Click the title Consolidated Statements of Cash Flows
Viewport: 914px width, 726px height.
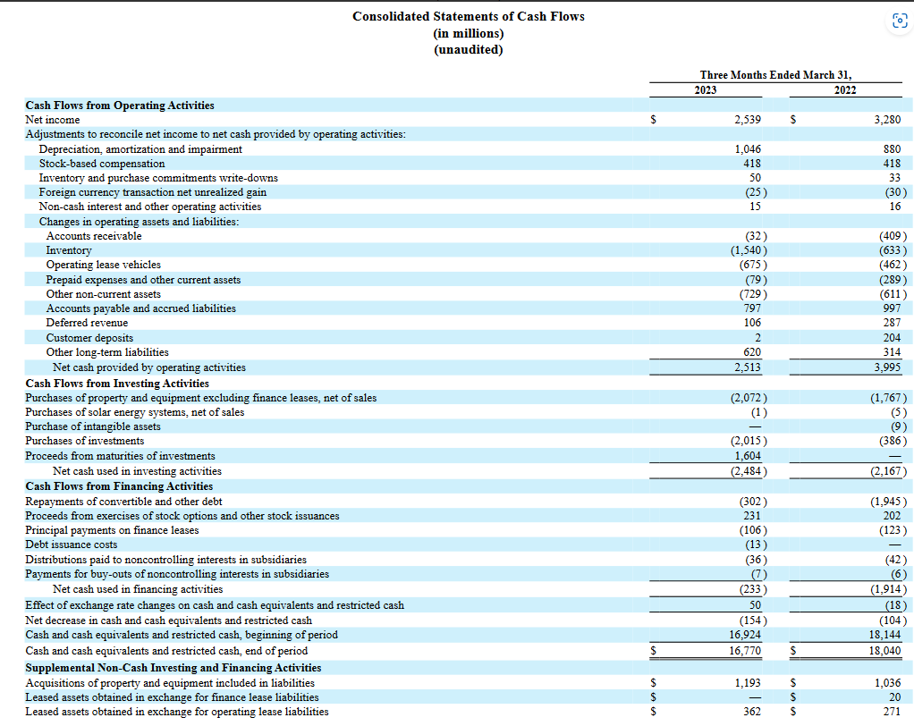point(468,16)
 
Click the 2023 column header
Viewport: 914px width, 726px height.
point(706,90)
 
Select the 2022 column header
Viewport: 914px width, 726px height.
point(844,90)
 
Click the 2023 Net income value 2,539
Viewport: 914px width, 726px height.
point(747,120)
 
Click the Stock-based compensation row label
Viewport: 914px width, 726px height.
point(102,164)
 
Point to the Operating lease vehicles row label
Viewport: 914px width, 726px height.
point(104,265)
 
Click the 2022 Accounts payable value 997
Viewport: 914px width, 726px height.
point(892,308)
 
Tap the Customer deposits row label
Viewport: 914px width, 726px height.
point(89,338)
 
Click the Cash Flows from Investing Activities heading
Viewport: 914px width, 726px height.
point(117,383)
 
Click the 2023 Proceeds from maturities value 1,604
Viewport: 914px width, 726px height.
point(747,456)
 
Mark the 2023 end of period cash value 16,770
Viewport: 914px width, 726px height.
point(744,651)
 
